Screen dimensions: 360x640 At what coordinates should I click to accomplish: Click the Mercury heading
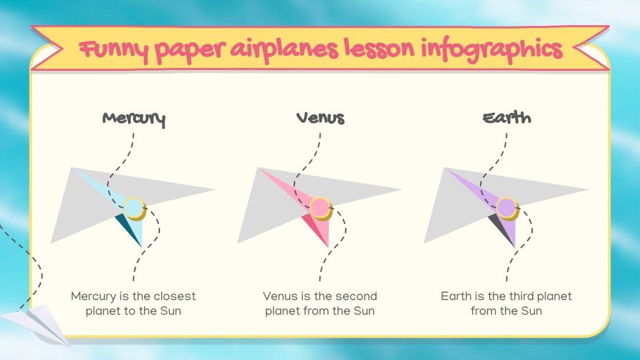click(134, 119)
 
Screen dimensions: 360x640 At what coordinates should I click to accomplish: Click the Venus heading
click(321, 118)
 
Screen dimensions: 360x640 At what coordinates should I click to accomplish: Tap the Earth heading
click(507, 118)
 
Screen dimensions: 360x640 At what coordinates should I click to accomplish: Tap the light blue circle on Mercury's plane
click(133, 208)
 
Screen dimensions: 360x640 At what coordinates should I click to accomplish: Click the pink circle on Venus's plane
click(320, 208)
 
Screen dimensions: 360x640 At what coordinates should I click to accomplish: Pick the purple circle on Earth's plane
click(506, 208)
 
